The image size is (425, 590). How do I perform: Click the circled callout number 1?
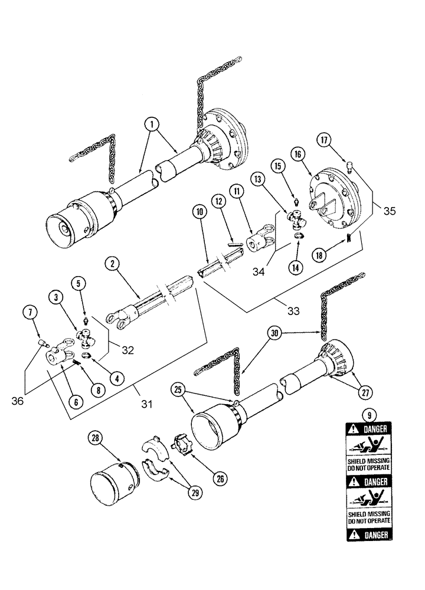click(x=152, y=124)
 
